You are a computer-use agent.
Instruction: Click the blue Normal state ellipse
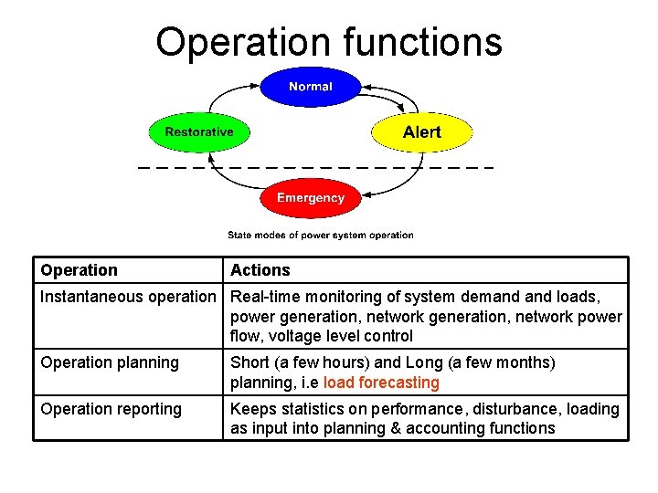pyautogui.click(x=311, y=87)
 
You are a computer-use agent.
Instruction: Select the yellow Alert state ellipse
pyautogui.click(x=421, y=132)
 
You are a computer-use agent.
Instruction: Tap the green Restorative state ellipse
pyautogui.click(x=198, y=132)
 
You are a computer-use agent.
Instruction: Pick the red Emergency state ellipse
pyautogui.click(x=311, y=198)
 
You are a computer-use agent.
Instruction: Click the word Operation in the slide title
pyautogui.click(x=242, y=42)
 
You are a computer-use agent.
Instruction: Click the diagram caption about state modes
pyautogui.click(x=320, y=235)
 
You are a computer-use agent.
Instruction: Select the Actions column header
pyautogui.click(x=260, y=270)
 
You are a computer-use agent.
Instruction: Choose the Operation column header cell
pyautogui.click(x=80, y=270)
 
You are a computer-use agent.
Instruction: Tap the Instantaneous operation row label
pyautogui.click(x=127, y=297)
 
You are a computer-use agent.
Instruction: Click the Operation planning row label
pyautogui.click(x=110, y=362)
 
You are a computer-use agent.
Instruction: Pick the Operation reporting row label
pyautogui.click(x=111, y=409)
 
